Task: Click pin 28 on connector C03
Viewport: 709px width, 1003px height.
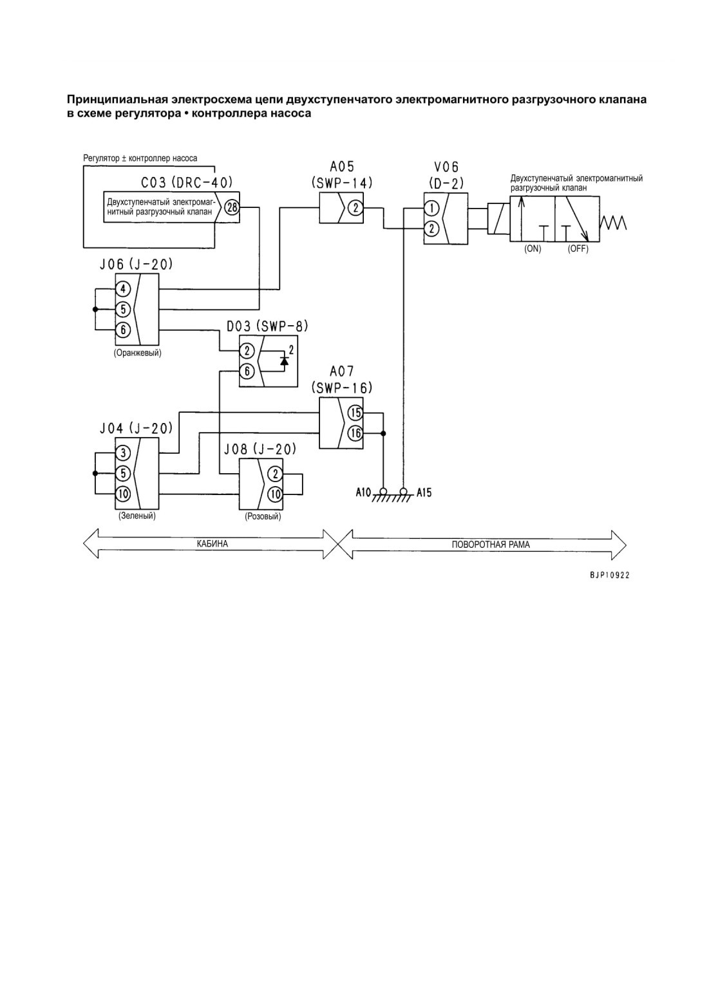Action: (x=232, y=207)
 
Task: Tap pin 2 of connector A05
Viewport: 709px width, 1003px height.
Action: (x=355, y=208)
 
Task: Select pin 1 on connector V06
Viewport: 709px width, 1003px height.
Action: (x=431, y=208)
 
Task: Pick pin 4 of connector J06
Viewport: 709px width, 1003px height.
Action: (x=123, y=289)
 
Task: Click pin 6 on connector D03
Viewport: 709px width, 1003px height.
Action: (x=247, y=371)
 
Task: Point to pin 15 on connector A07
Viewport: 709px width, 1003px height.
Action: (x=355, y=413)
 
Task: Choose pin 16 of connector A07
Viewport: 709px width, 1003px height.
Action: (x=355, y=433)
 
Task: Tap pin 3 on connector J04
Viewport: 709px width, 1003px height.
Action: (x=123, y=453)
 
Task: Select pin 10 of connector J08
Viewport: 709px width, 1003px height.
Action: (x=276, y=494)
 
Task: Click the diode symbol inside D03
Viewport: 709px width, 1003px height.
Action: (x=284, y=360)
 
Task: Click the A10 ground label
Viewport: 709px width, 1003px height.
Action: (x=363, y=493)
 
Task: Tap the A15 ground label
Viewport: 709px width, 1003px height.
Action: (x=424, y=493)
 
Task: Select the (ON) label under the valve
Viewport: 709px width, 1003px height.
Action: (x=533, y=249)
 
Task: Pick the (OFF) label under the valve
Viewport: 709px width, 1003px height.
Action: (x=578, y=249)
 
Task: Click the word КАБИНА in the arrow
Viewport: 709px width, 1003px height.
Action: (x=213, y=543)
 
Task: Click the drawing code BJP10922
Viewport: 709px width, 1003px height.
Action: (x=609, y=576)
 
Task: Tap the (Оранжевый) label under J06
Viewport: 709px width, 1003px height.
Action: (x=137, y=353)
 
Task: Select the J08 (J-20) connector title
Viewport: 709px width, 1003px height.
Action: (x=260, y=449)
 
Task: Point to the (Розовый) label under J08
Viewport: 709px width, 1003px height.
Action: (x=263, y=516)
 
